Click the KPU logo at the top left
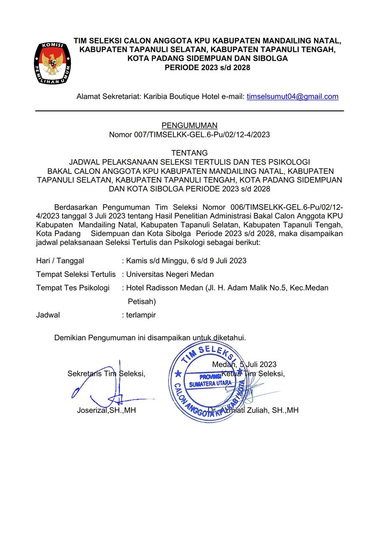pyautogui.click(x=52, y=62)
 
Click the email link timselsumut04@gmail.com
pyautogui.click(x=292, y=97)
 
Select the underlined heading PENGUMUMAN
pyautogui.click(x=189, y=125)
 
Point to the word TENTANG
pyautogui.click(x=189, y=153)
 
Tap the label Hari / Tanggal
pyautogui.click(x=60, y=261)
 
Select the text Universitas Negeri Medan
pyautogui.click(x=170, y=274)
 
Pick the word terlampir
pyautogui.click(x=141, y=315)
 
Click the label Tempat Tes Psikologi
pyautogui.click(x=73, y=288)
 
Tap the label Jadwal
pyautogui.click(x=48, y=315)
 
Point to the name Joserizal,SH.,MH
pyautogui.click(x=106, y=411)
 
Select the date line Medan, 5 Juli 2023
pyautogui.click(x=244, y=365)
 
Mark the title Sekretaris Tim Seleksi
pyautogui.click(x=106, y=374)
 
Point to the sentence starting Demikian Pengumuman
pyautogui.click(x=150, y=337)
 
